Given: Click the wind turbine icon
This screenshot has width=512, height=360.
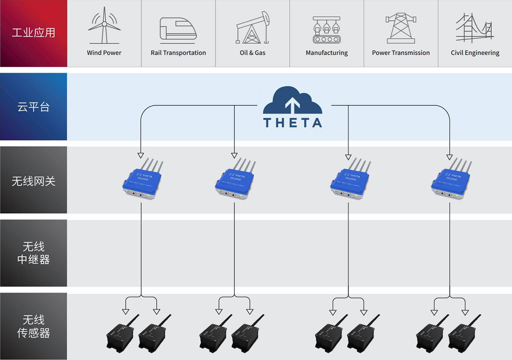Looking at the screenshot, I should [104, 26].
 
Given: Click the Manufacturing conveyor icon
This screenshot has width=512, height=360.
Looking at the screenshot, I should [327, 29].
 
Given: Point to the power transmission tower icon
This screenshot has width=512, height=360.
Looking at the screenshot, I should [401, 28].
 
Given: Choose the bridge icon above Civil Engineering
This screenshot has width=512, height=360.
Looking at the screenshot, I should [475, 28].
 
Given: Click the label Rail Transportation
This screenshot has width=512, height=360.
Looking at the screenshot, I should [178, 53].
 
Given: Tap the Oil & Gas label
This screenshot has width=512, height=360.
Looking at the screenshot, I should [253, 53].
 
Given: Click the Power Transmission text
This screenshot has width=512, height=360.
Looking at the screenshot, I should [401, 53].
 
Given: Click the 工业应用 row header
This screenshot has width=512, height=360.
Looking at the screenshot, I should [33, 33].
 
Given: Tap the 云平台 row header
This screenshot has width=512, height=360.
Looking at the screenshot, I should [33, 107].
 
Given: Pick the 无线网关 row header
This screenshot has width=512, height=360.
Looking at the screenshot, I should [33, 181].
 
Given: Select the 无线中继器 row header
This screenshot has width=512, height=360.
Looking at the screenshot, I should [33, 253].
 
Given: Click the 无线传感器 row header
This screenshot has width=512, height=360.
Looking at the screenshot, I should [33, 327].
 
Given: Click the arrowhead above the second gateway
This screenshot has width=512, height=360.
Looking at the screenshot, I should [234, 155].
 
